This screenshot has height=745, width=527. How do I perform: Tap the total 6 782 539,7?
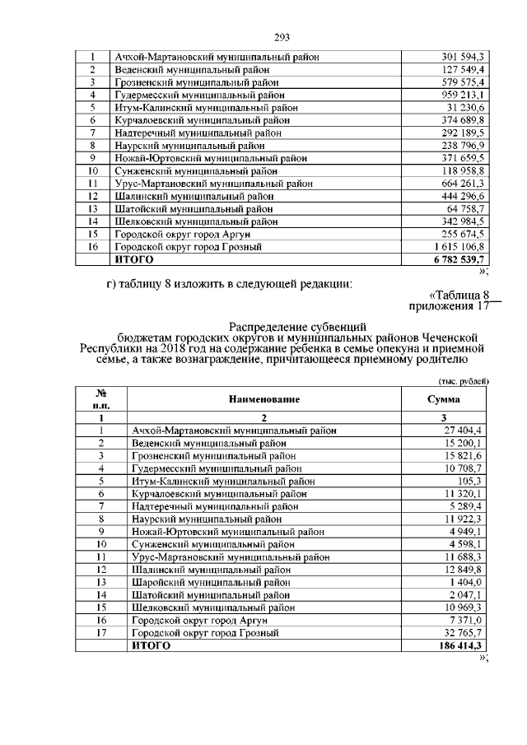[459, 259]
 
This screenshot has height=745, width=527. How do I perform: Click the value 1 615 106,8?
[460, 247]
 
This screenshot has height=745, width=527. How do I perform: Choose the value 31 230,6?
[468, 108]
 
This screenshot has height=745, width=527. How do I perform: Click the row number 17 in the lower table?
[101, 633]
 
